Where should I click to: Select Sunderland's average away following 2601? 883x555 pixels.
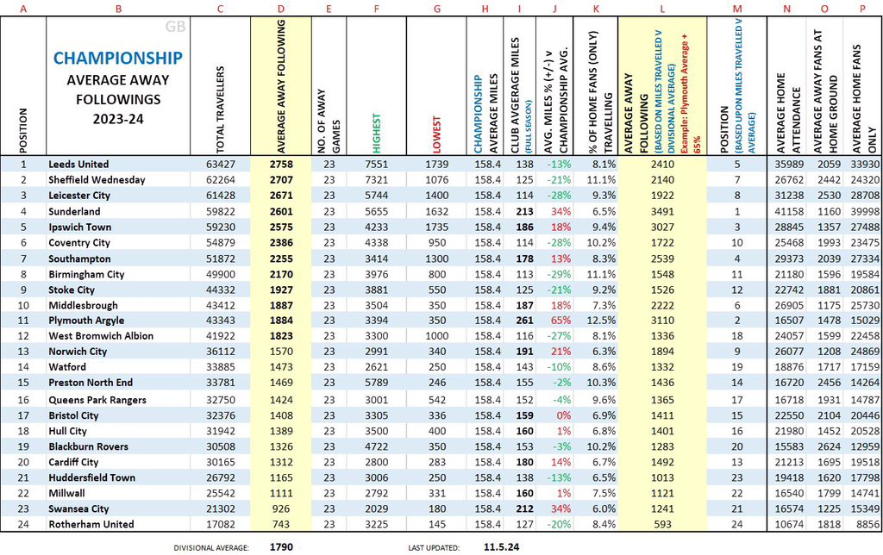pos(281,211)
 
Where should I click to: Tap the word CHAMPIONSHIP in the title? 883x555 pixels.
pos(118,58)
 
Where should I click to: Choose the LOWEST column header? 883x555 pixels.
pos(436,134)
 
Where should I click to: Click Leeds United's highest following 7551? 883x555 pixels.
pos(376,164)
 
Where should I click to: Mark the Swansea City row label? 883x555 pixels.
pos(78,509)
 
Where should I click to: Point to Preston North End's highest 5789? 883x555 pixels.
pos(376,384)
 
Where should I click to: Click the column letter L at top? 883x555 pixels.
pos(661,9)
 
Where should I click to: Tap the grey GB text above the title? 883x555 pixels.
pos(176,28)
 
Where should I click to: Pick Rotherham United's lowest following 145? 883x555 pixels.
pos(436,525)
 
